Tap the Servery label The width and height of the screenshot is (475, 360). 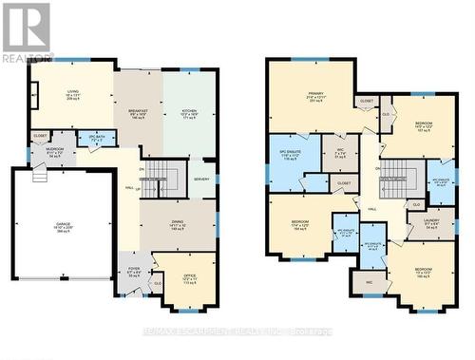pyautogui.click(x=201, y=180)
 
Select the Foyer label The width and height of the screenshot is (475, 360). pyautogui.click(x=135, y=272)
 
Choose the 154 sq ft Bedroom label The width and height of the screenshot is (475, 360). pyautogui.click(x=302, y=225)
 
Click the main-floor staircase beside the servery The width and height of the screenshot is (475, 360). pyautogui.click(x=167, y=177)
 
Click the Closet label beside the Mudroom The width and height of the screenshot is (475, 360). pyautogui.click(x=40, y=136)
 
